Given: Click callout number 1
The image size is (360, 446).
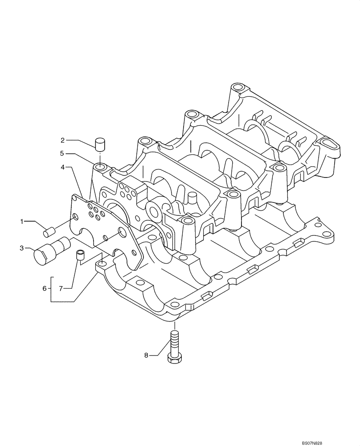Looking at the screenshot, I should (x=21, y=221).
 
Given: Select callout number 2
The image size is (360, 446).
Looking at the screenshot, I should (x=63, y=140).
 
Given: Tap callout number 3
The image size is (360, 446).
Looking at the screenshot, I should (x=21, y=248).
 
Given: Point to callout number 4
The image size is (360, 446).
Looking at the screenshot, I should (x=63, y=167).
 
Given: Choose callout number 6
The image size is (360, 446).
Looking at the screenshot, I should (x=45, y=289).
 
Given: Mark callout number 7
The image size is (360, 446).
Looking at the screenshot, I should (x=63, y=289).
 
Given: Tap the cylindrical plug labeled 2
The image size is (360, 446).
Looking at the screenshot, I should (x=100, y=144).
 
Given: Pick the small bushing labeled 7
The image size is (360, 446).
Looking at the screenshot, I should (x=80, y=255).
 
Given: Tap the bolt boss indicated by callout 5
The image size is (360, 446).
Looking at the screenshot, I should (x=100, y=168).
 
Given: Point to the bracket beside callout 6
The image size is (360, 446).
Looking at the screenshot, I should (x=52, y=289).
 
